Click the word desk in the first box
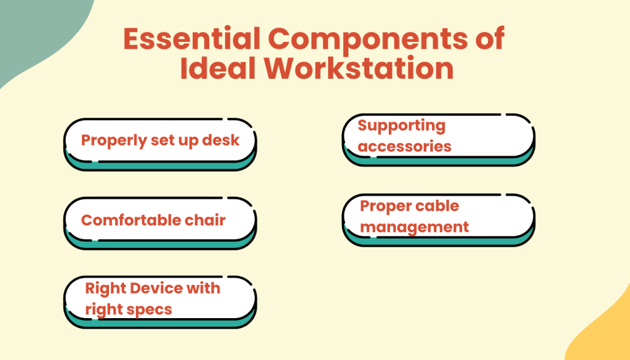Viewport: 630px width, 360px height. coord(221,140)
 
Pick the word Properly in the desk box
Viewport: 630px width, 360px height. coord(114,140)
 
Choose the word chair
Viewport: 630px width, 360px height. coord(205,220)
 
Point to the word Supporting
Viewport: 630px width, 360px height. coord(401,126)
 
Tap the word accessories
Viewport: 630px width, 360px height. coord(404,146)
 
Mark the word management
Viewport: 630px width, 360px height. coord(414,226)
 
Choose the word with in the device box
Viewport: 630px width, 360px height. coord(202,288)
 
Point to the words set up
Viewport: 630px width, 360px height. coord(177,140)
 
